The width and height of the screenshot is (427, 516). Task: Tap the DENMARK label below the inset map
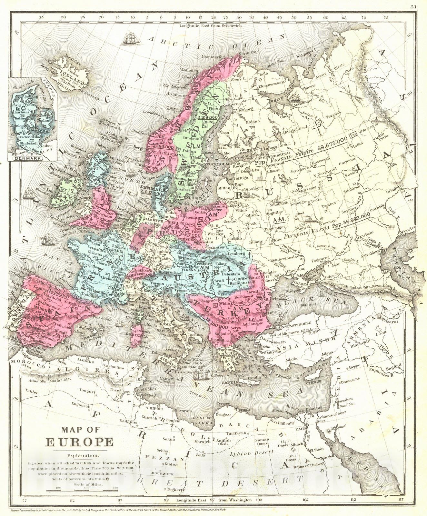pos(33,159)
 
